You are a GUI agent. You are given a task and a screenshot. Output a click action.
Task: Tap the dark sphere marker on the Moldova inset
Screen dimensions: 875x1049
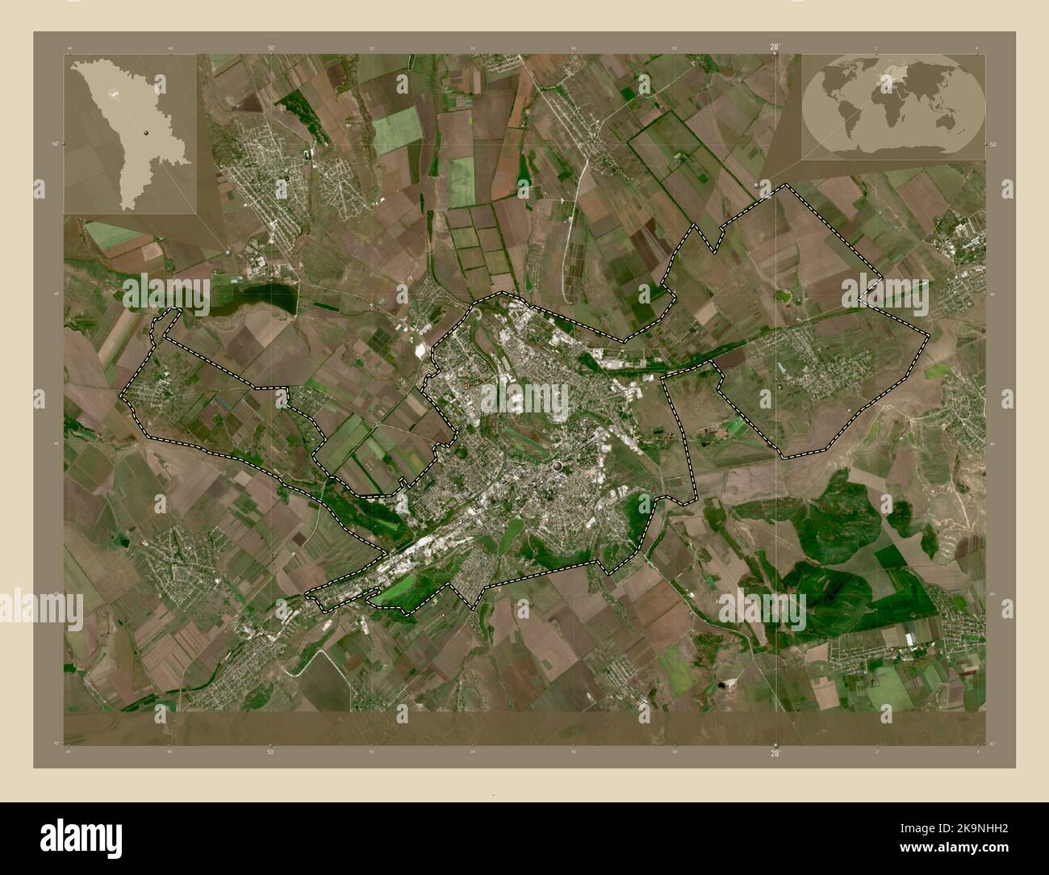146,132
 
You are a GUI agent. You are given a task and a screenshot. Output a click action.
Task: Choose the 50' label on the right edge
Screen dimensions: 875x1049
992,144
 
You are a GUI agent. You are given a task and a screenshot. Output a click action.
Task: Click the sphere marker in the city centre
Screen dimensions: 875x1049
558,466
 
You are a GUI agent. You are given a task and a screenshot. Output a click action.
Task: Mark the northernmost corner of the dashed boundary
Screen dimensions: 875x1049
787,186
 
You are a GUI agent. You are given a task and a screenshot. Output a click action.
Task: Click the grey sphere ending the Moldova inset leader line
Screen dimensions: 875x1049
229,251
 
